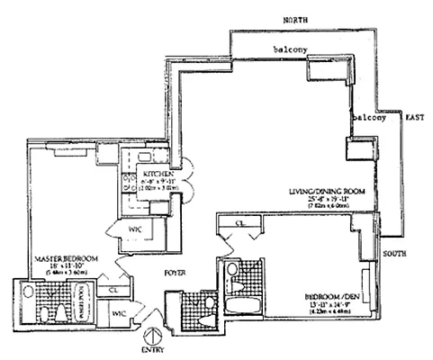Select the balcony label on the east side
[x=366, y=116]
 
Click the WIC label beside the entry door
[x=118, y=314]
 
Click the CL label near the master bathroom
[x=113, y=291]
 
